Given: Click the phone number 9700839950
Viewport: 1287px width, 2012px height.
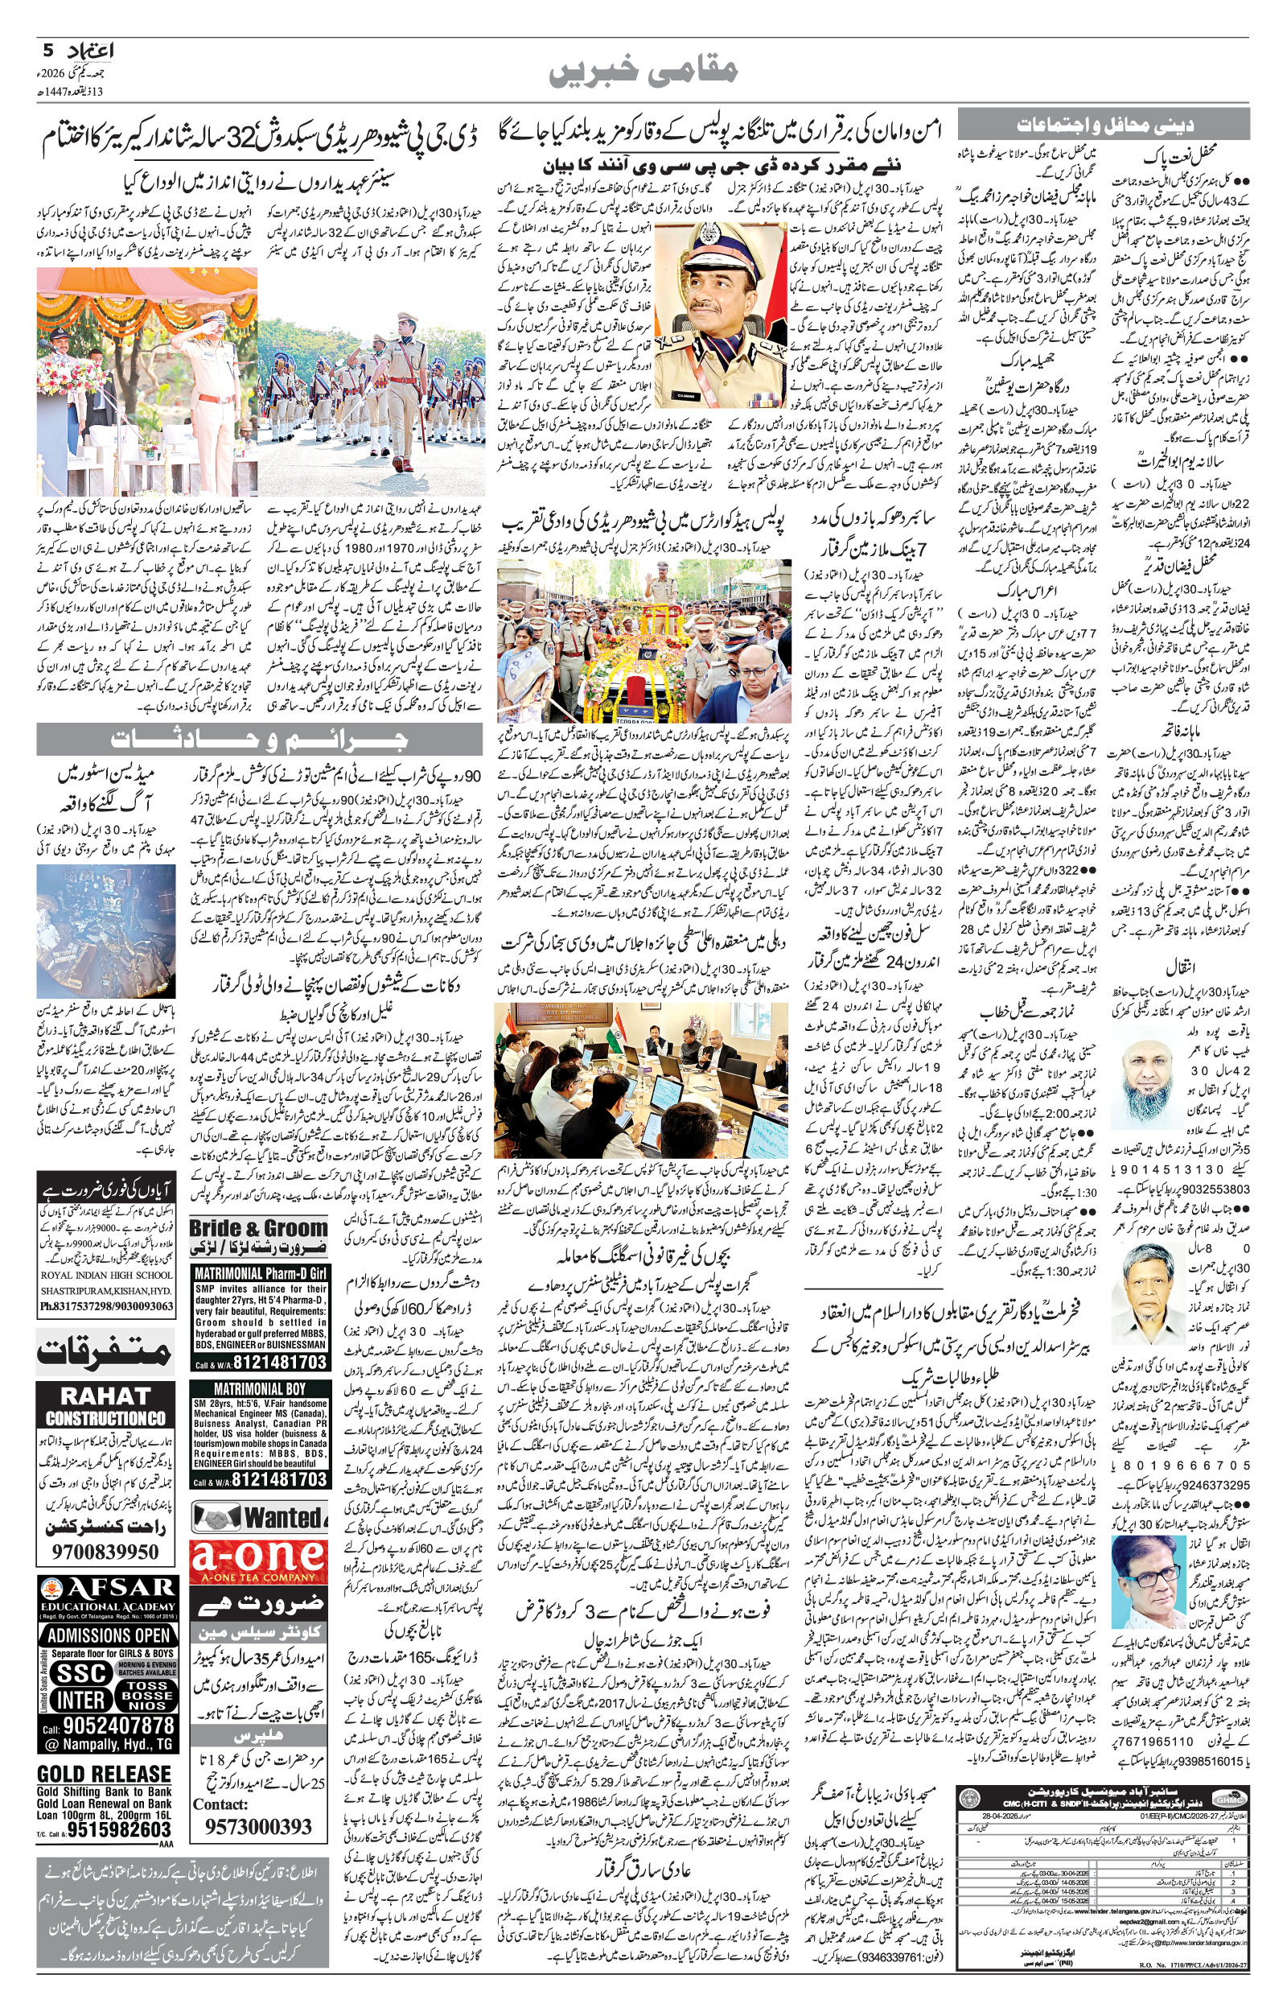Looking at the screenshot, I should [105, 1552].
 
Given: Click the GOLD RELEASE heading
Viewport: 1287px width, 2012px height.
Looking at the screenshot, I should [105, 1750].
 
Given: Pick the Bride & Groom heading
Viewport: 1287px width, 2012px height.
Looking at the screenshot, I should [259, 1229].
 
